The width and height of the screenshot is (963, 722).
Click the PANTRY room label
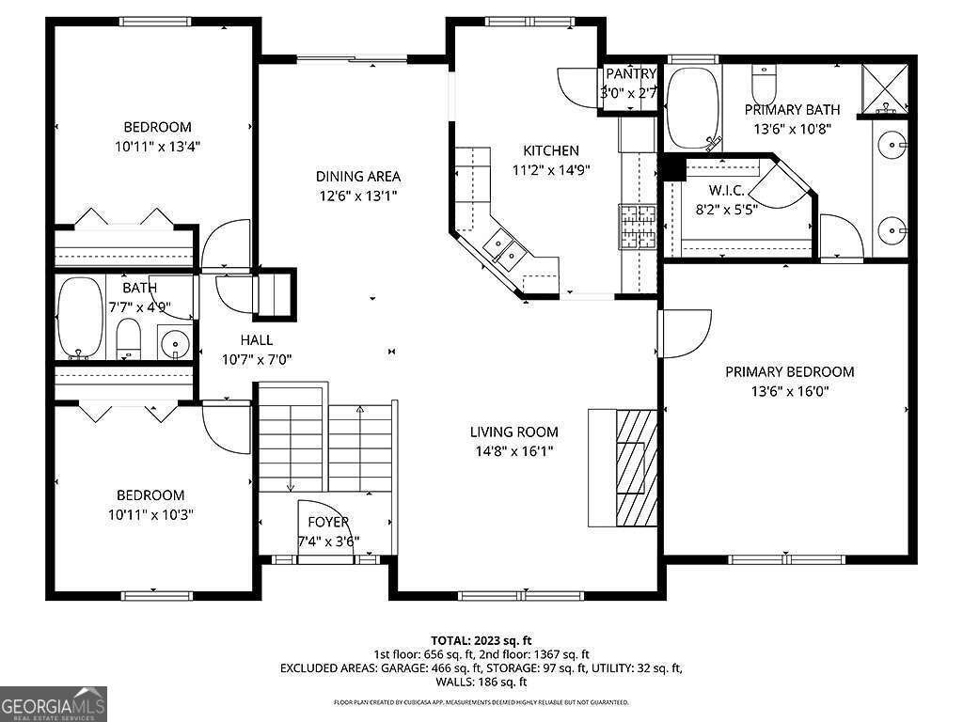point(630,74)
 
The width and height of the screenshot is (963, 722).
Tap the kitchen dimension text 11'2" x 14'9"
point(551,170)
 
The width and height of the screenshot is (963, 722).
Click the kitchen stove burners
point(637,227)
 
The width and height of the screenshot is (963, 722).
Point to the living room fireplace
point(623,467)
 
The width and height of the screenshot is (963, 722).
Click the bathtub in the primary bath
point(692,107)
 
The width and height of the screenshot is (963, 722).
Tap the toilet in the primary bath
point(763,84)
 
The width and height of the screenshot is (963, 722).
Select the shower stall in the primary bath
point(887,86)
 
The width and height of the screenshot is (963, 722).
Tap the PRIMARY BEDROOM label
point(789,372)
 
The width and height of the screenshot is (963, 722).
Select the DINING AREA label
point(357,176)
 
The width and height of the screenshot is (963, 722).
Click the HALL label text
point(256,340)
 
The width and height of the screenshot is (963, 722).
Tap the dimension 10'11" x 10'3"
point(150,514)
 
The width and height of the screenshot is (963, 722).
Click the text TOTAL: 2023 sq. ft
point(481,639)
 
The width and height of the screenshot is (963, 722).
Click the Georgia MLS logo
point(54,703)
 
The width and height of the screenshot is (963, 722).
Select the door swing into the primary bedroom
point(685,334)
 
